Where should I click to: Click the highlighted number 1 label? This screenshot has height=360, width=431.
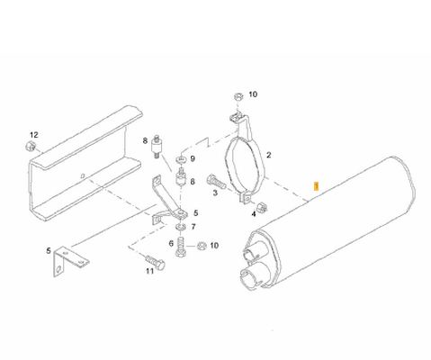click(316, 186)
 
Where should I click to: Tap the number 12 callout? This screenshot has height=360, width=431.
click(34, 135)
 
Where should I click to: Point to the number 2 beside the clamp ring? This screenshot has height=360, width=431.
click(269, 155)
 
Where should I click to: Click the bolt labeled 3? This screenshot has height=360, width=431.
click(216, 181)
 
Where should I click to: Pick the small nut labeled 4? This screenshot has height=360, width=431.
click(262, 207)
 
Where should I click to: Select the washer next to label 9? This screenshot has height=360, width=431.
click(182, 158)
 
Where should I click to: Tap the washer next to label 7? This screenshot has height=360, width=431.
click(180, 226)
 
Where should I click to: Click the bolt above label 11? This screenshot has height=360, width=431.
click(156, 261)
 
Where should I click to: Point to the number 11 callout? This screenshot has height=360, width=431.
click(149, 271)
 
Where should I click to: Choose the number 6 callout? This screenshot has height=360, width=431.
click(171, 243)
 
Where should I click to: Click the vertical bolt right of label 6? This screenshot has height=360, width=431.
click(180, 247)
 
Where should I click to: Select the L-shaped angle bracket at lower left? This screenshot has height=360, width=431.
click(70, 261)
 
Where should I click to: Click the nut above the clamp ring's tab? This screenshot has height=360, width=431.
click(238, 96)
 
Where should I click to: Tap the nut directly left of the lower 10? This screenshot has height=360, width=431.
click(202, 246)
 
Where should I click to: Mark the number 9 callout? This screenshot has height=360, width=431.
click(193, 158)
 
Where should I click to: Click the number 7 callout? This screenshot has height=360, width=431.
click(193, 227)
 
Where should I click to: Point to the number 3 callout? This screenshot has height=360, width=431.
click(215, 193)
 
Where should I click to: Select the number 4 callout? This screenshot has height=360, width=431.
click(254, 214)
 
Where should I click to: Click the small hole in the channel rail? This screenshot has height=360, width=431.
click(84, 175)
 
